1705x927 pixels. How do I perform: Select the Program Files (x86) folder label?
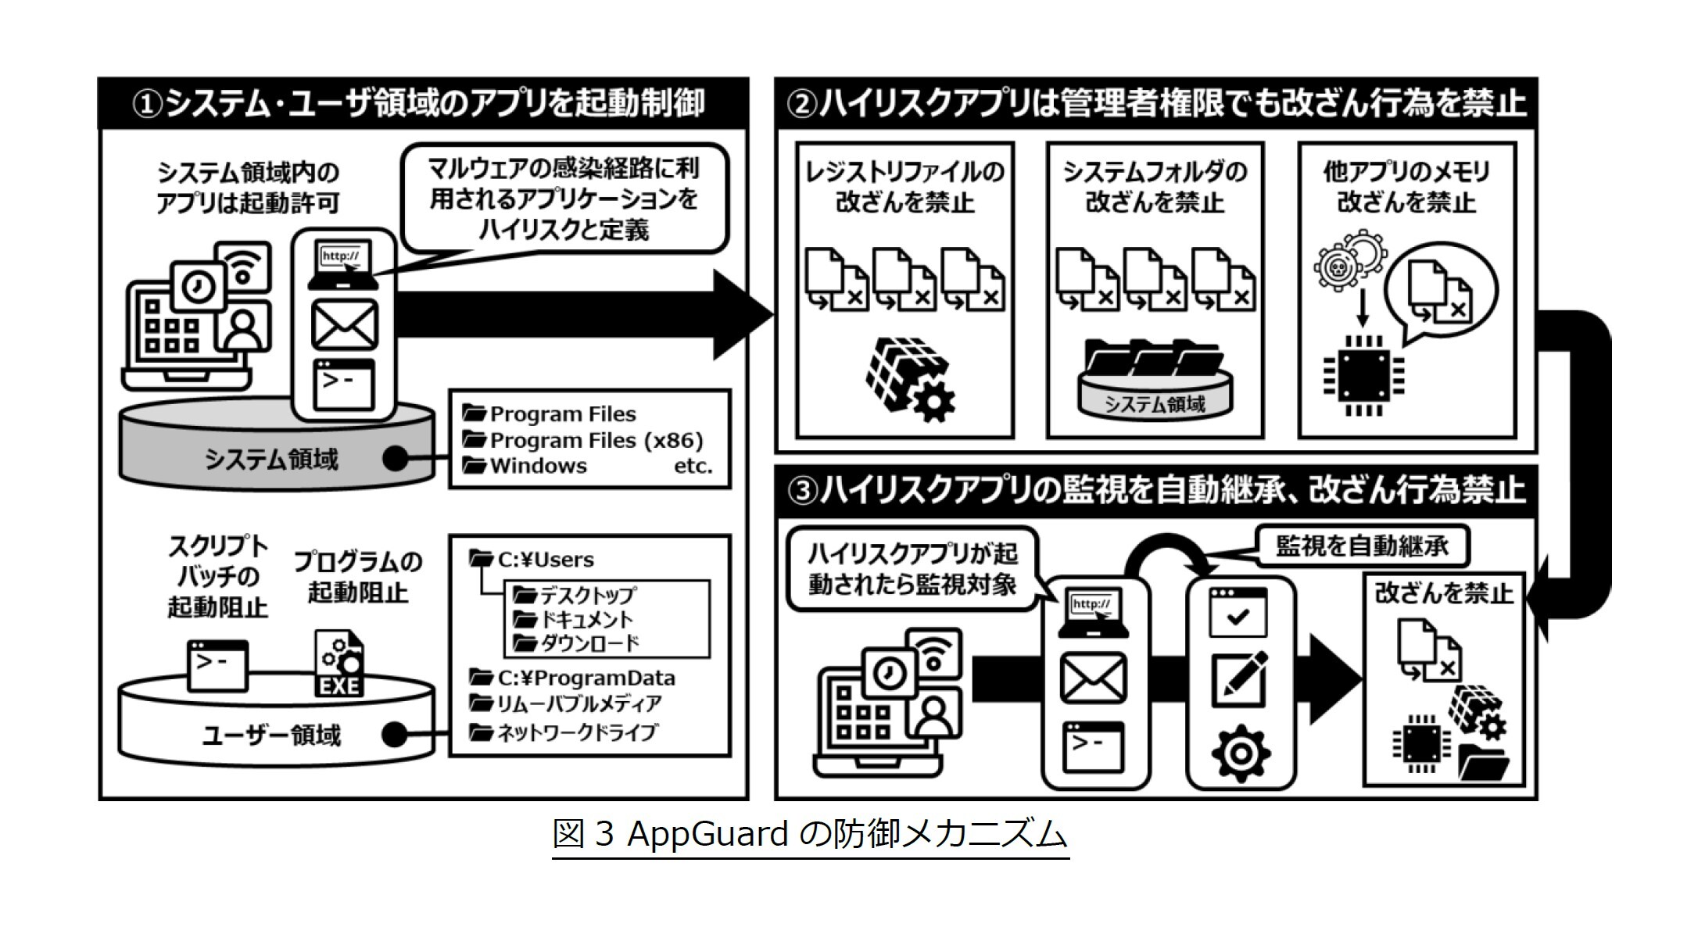(x=596, y=440)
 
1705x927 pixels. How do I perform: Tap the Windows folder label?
(x=538, y=466)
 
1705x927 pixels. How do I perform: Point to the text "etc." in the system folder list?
(x=693, y=467)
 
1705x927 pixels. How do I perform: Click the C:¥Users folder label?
(x=545, y=560)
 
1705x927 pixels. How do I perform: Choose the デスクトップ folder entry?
(x=586, y=595)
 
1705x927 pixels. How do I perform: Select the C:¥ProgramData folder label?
(x=586, y=678)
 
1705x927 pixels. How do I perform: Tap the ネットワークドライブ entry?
(x=577, y=732)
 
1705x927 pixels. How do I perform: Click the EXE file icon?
(x=339, y=664)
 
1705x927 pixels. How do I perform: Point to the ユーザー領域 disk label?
(x=271, y=735)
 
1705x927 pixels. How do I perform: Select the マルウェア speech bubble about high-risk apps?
(x=564, y=199)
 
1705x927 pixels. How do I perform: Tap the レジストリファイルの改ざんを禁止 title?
(x=904, y=187)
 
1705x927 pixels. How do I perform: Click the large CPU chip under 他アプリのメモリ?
(x=1363, y=376)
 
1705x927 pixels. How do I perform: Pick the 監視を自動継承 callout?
(x=1362, y=546)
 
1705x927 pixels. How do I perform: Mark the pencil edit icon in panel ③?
(x=1239, y=677)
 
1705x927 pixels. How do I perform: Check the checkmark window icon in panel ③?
(x=1238, y=614)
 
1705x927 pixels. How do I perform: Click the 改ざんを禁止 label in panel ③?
(x=1443, y=593)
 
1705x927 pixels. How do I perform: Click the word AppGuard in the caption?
(x=707, y=835)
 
